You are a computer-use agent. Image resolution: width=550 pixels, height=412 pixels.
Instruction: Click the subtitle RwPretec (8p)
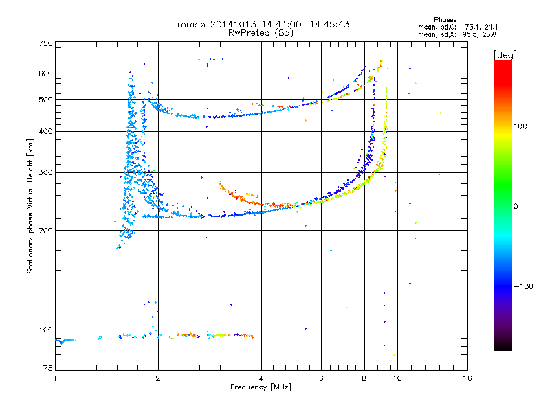point(261,33)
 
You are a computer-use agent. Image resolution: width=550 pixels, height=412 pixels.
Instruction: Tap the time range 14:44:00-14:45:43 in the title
point(305,24)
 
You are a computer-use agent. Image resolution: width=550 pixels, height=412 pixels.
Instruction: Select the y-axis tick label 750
point(45,43)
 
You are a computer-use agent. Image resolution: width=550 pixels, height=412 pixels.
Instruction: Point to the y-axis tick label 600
point(45,73)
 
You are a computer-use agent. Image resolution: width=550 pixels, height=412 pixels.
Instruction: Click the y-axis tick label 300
point(45,172)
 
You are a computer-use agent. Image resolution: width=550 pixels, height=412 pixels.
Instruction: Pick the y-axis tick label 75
point(48,368)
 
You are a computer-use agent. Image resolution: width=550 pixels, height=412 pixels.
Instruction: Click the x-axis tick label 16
point(467,378)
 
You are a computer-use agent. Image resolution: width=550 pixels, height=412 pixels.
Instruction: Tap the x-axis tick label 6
point(321,378)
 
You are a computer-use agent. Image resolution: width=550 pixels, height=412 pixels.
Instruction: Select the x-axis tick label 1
point(55,378)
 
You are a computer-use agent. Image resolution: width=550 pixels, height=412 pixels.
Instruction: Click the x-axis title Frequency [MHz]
point(261,387)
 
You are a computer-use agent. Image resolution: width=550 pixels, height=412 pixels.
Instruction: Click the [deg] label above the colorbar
point(505,55)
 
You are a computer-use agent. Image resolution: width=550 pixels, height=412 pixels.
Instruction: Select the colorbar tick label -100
point(524,286)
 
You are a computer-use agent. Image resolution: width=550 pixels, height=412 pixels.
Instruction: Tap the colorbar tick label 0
point(516,206)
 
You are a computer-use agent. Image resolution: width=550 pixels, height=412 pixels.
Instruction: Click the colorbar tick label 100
point(520,126)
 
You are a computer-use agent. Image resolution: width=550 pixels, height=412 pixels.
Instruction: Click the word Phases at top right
point(445,20)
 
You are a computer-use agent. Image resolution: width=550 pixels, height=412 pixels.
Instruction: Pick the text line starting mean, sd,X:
point(457,35)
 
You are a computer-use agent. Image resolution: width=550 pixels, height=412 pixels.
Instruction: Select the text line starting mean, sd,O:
point(458,27)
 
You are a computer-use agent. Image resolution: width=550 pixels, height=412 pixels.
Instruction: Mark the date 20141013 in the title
point(233,24)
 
